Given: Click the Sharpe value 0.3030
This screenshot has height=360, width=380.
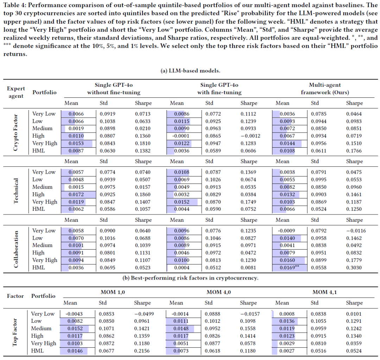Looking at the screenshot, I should (354, 268).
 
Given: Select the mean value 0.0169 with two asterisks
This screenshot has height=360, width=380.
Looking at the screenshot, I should (289, 268).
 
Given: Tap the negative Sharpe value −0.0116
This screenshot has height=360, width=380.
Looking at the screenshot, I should (354, 231).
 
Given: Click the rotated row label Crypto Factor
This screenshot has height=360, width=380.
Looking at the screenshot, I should (16, 132).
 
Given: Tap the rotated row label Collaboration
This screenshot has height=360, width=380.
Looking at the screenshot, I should (16, 249).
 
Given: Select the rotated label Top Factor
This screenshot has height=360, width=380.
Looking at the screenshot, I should (16, 332).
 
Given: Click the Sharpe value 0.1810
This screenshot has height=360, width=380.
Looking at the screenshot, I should (142, 143).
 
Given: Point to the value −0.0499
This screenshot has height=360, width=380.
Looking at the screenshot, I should (142, 314).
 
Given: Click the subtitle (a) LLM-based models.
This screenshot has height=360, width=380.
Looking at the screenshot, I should (190, 71).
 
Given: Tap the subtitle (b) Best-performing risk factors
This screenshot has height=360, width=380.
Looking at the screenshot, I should (190, 278).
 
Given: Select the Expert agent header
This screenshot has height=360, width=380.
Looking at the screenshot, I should (16, 92).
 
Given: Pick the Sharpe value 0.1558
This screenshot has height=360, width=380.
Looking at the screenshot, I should (248, 328).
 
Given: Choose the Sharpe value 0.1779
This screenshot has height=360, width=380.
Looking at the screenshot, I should (354, 260).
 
